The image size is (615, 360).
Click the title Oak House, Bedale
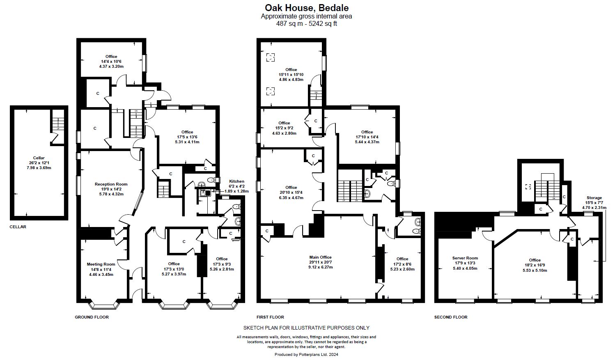pyautogui.click(x=306, y=7)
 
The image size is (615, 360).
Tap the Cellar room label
pyautogui.click(x=39, y=158)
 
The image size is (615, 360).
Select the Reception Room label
pyautogui.click(x=111, y=184)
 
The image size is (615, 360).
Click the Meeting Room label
pyautogui.click(x=101, y=264)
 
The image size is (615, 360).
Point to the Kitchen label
pyautogui.click(x=236, y=181)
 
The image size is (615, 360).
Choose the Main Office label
pyautogui.click(x=320, y=257)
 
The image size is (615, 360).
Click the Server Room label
pyautogui.click(x=465, y=258)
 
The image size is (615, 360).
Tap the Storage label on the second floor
pyautogui.click(x=594, y=198)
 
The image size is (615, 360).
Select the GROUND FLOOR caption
pyautogui.click(x=92, y=317)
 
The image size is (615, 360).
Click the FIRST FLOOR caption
pyautogui.click(x=270, y=317)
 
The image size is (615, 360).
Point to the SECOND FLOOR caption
pyautogui.click(x=450, y=317)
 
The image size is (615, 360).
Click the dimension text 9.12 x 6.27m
pyautogui.click(x=320, y=267)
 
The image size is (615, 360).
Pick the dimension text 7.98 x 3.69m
pyautogui.click(x=39, y=168)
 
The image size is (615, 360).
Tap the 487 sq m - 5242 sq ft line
pyautogui.click(x=306, y=24)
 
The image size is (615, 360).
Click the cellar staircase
pyautogui.click(x=58, y=124)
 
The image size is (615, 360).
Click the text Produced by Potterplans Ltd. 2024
pyautogui.click(x=306, y=355)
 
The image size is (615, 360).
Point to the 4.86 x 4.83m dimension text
pyautogui.click(x=291, y=80)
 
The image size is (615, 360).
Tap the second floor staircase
pyautogui.click(x=547, y=187)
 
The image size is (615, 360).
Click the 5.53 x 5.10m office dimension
pyautogui.click(x=535, y=271)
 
